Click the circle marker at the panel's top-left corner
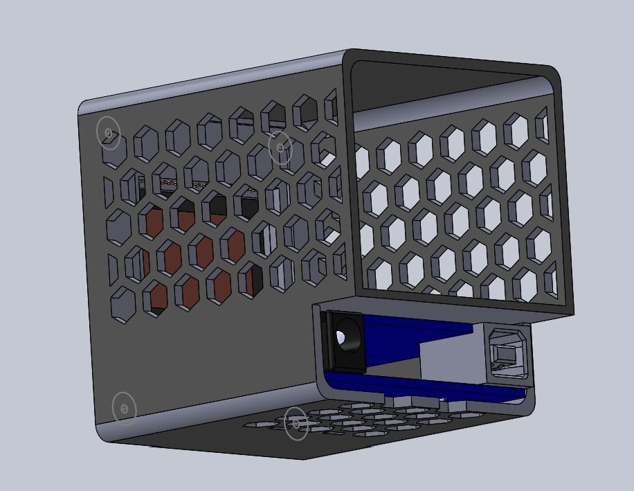point(109,132)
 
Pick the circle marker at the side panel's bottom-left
point(125,409)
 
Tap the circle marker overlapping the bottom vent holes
point(296,423)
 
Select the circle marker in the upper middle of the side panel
point(280,148)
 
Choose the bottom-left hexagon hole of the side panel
point(123,303)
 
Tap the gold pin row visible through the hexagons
point(183,184)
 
